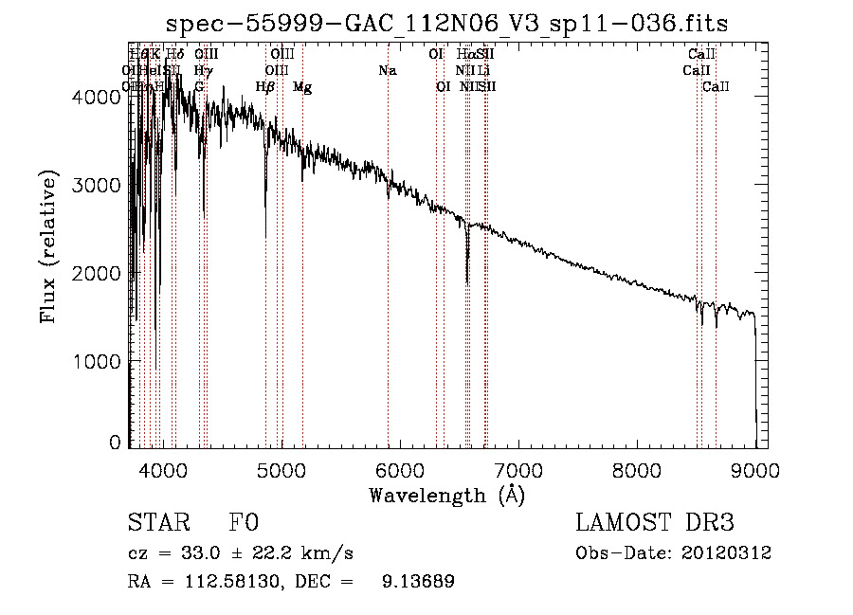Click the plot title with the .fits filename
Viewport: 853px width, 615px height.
pos(446,24)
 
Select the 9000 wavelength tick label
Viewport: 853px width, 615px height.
pos(755,469)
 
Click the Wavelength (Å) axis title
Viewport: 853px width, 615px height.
pos(446,495)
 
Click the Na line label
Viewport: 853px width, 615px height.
pos(387,70)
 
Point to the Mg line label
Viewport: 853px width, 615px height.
pos(302,87)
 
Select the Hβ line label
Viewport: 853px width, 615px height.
pos(265,87)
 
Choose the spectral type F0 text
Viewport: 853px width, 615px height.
pos(244,523)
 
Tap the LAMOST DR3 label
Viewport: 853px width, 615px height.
pos(655,523)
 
